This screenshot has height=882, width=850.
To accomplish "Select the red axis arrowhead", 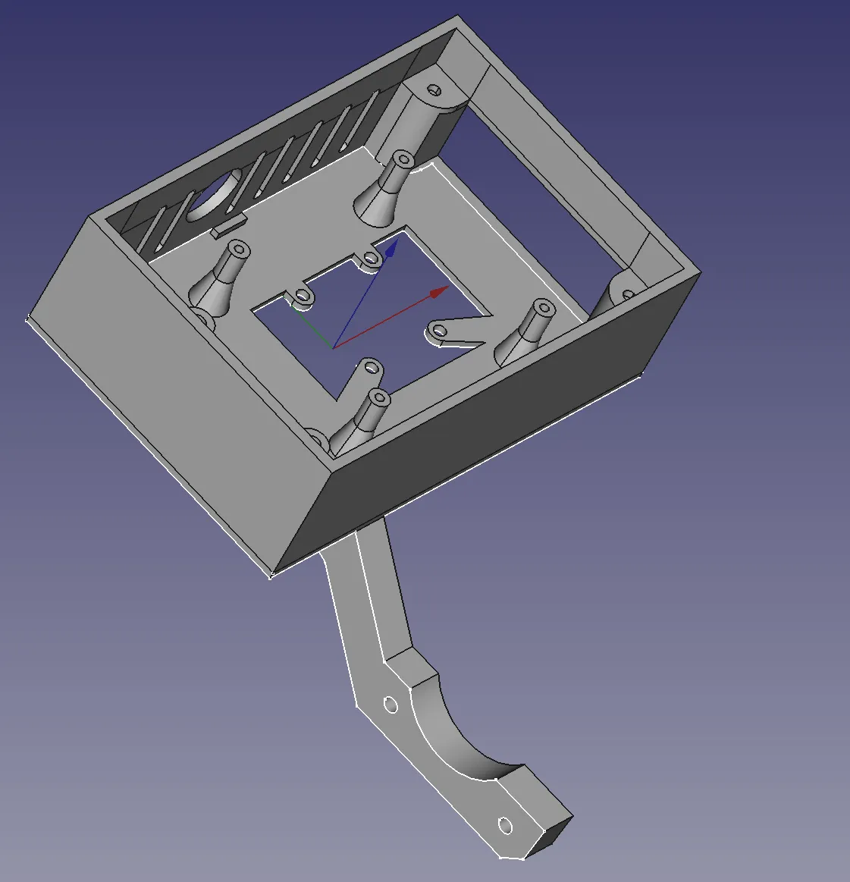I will [439, 292].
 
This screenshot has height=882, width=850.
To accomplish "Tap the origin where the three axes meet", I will [334, 348].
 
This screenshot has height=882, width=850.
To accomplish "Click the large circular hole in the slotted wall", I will [215, 195].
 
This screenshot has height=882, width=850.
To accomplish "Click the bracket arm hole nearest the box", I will [390, 706].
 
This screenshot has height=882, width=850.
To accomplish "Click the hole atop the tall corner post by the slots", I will [435, 89].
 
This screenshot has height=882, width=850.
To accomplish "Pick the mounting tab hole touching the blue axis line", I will [371, 259].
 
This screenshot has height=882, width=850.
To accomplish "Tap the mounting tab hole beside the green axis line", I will [304, 296].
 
